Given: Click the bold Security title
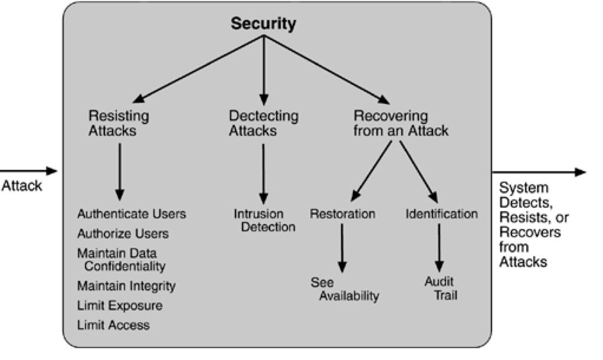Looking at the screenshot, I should click(x=263, y=24).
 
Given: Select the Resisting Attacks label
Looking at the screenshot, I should click(x=119, y=123).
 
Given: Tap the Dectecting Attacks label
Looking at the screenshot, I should click(x=263, y=123).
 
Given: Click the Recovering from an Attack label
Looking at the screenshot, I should click(x=401, y=123).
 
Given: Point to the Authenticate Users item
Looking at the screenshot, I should click(x=132, y=214).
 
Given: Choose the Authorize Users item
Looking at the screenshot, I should click(x=123, y=234).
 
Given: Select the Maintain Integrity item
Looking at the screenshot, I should click(x=126, y=286).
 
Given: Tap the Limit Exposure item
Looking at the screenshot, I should click(x=120, y=306).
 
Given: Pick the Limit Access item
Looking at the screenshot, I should click(x=113, y=325).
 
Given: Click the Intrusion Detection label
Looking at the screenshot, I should click(x=264, y=220).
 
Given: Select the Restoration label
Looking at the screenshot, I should click(x=342, y=214).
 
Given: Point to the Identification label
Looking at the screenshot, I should click(x=441, y=214).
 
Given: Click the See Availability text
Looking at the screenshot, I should click(x=344, y=289).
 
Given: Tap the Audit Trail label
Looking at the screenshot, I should click(x=440, y=289).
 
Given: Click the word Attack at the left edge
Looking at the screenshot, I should click(x=22, y=186).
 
